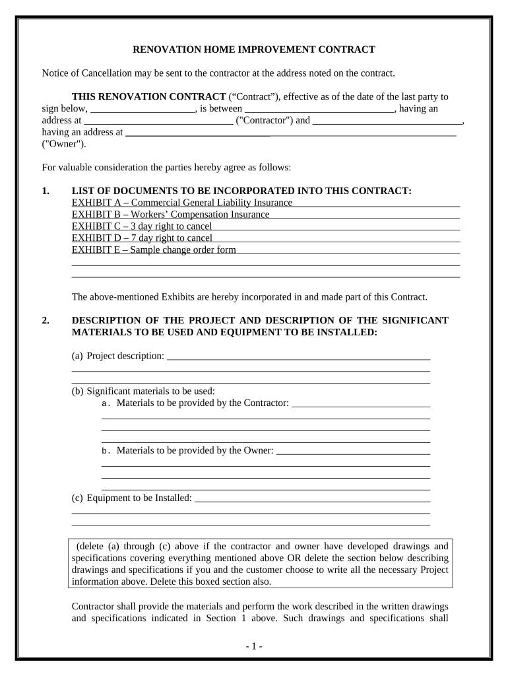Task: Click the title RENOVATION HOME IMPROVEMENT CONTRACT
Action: (254, 50)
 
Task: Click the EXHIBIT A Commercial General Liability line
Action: (182, 203)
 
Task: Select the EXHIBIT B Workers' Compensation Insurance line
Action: (171, 215)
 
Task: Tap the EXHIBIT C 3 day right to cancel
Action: (142, 226)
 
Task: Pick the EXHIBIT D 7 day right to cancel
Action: (142, 238)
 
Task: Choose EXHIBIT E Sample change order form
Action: (154, 250)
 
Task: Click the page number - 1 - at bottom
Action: (253, 646)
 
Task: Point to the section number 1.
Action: (45, 191)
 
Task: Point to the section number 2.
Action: (45, 321)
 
